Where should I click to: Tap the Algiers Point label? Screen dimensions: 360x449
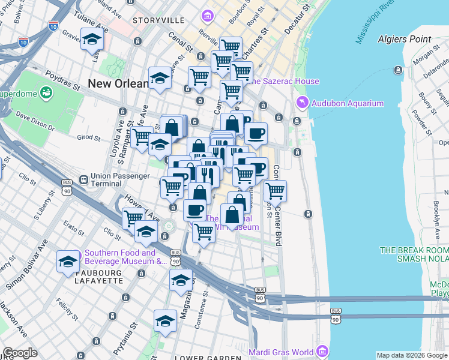coord(404,39)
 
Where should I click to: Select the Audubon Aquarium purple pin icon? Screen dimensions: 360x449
coord(301,103)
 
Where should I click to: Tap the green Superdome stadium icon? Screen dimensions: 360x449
coord(46,93)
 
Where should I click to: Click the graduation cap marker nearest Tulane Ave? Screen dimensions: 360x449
coord(92,40)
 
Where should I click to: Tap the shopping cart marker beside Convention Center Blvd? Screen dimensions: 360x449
coord(275,191)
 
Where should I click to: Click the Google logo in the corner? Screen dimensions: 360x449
coord(19,353)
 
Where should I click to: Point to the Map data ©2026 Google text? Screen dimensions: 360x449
coord(411,355)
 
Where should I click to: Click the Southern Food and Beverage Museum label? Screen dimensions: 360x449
coord(125,257)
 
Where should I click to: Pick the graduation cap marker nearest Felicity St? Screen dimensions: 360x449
coord(165,321)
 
